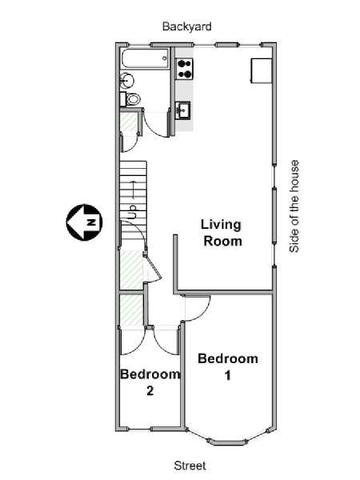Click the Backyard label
186,26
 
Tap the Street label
190,466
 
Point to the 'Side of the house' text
294,206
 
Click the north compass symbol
85,222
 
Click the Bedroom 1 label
228,366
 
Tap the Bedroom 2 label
150,382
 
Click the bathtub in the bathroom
145,58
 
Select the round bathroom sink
126,81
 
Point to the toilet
130,98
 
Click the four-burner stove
185,69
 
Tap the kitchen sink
183,110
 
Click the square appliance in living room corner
262,70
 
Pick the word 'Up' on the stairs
132,212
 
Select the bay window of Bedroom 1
227,437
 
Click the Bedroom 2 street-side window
139,429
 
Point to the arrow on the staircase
133,190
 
